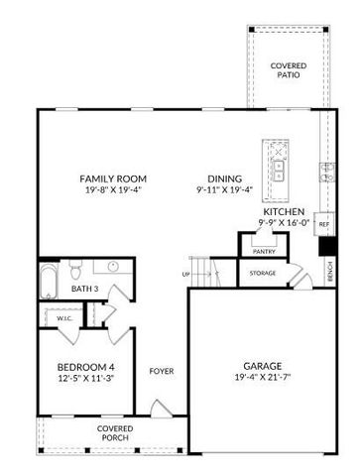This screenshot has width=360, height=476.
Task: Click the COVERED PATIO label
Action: [x=288, y=69]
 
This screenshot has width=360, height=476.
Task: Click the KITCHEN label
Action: [x=284, y=212]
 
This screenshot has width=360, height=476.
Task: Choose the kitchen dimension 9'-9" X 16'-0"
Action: [x=284, y=224]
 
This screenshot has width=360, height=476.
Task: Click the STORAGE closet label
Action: [x=263, y=273]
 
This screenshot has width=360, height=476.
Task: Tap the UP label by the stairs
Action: [x=185, y=275]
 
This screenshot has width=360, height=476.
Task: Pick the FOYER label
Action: [x=162, y=371]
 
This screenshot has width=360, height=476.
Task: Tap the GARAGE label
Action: [x=262, y=364]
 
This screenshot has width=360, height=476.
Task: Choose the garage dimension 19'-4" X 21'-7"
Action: [x=262, y=377]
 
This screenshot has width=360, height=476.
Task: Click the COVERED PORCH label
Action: [x=115, y=433]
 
